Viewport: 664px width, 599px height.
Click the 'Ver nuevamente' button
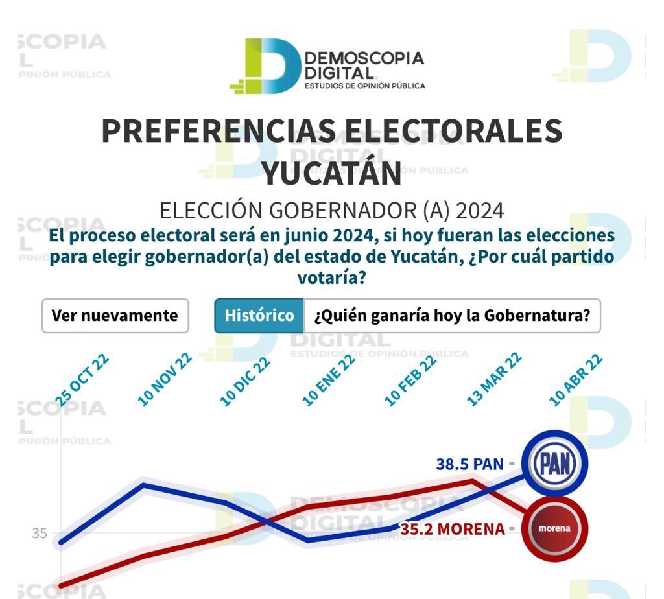115,316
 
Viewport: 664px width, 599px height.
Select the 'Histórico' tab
259,316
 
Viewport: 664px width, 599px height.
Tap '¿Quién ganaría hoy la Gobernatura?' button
452,316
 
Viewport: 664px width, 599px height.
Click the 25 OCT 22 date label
82,381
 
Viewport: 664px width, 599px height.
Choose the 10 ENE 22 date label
329,381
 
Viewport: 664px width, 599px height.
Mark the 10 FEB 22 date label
410,381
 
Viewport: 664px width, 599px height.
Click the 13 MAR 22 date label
494,381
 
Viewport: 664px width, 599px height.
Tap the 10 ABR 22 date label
576,381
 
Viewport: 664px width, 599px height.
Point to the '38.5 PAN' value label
469,464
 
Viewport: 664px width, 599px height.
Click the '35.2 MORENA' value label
452,529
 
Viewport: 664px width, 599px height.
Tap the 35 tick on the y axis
40,534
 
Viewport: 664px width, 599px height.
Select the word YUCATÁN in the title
331,173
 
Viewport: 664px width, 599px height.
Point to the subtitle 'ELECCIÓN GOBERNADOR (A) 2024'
331,211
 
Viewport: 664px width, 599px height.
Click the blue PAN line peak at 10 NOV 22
144,484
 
